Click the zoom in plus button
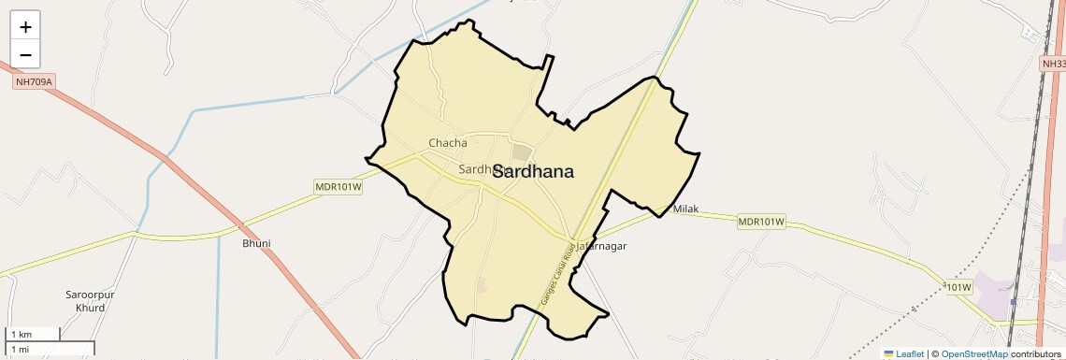(25, 27)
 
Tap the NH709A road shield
(35, 82)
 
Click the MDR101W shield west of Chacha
(338, 188)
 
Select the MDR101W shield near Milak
(761, 223)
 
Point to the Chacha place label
(447, 143)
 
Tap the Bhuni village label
(256, 243)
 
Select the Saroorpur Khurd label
(90, 301)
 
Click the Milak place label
(685, 209)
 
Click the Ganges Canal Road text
(562, 272)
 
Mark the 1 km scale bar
(34, 334)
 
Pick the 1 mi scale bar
(50, 349)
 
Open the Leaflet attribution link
(910, 353)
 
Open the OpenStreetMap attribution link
(975, 353)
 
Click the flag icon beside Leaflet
(888, 353)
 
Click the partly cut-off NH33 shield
(1053, 64)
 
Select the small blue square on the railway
(1013, 302)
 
